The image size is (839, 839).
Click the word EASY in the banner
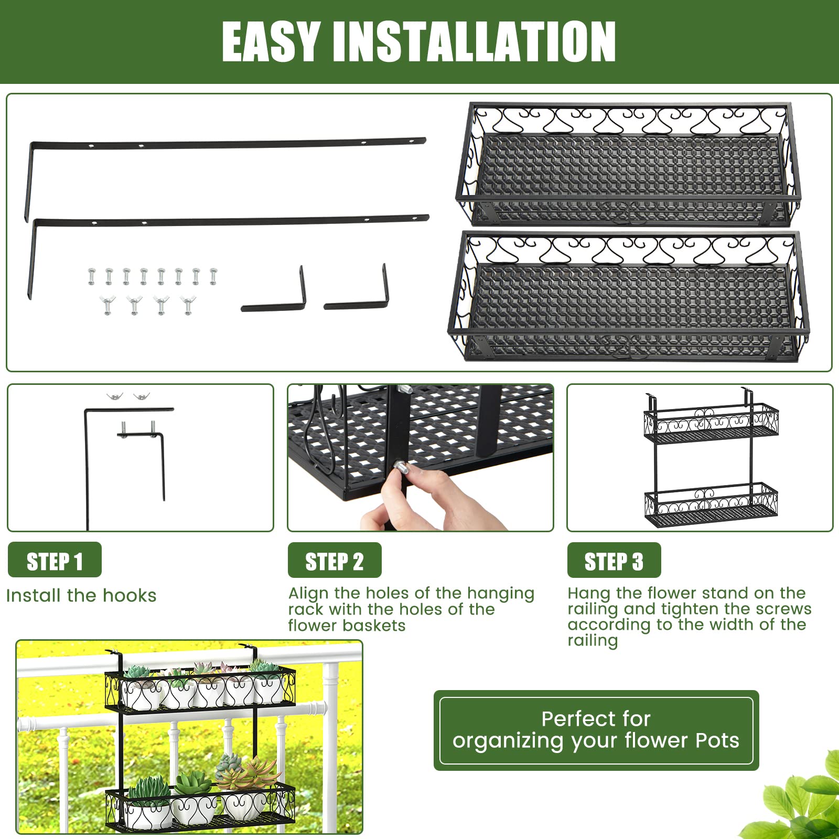coord(271,42)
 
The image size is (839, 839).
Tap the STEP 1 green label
coord(55,561)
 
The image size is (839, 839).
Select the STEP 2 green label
coord(335,561)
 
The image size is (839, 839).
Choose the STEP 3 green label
coord(614,561)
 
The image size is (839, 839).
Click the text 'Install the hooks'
coord(81,596)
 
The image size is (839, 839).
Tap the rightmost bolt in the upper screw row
coord(213,276)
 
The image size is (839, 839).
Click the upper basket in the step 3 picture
coord(711,422)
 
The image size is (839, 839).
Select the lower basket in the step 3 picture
coord(711,506)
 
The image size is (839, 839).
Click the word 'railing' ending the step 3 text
coord(593,641)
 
